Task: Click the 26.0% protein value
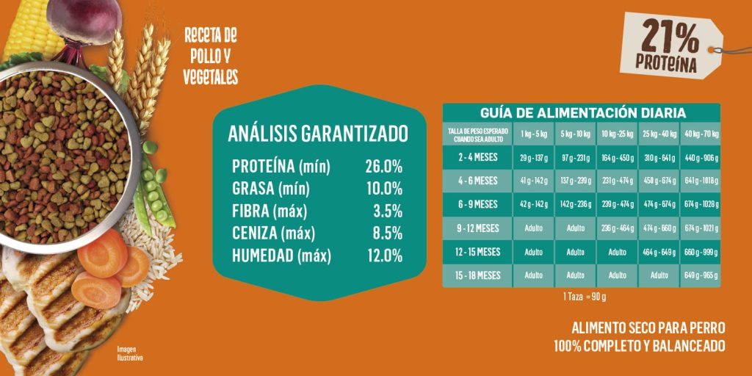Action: click(383, 167)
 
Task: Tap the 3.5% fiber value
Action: click(388, 211)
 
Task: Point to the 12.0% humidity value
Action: click(383, 256)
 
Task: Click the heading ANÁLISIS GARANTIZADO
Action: click(317, 134)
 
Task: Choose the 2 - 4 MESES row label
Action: click(477, 157)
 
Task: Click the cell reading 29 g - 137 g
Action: click(535, 157)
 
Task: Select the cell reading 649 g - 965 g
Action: click(701, 275)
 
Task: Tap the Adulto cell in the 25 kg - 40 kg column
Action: click(659, 275)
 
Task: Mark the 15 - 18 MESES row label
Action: click(477, 275)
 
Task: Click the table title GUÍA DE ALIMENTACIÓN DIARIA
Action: click(582, 112)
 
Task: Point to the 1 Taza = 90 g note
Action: click(584, 297)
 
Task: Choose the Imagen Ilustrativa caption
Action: click(129, 353)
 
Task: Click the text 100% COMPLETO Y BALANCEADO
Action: click(640, 345)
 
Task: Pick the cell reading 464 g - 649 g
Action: click(659, 252)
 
